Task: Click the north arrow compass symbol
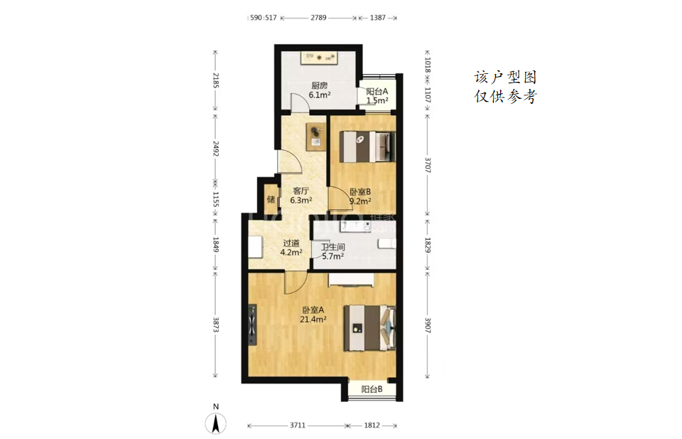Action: (x=216, y=423)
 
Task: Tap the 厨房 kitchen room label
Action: (x=319, y=86)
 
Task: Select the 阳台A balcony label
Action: (x=377, y=92)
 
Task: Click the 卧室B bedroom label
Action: (x=360, y=191)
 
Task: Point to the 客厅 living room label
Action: (x=301, y=191)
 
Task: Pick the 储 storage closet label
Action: (x=271, y=199)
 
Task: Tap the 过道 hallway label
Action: (x=291, y=243)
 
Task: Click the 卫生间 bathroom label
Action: (x=333, y=248)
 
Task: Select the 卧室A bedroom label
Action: (x=313, y=310)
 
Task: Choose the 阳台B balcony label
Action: (x=372, y=389)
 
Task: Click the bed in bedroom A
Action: (x=369, y=328)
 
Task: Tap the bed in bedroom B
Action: (x=367, y=147)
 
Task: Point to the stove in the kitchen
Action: (x=320, y=58)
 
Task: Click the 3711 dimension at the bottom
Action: (x=298, y=425)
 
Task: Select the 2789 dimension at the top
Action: (x=318, y=18)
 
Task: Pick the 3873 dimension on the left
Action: (x=215, y=324)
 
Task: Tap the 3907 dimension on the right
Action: (x=428, y=324)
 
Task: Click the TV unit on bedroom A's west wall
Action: (x=252, y=325)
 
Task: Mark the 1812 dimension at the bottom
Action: (x=372, y=425)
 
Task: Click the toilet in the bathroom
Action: (x=387, y=244)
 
